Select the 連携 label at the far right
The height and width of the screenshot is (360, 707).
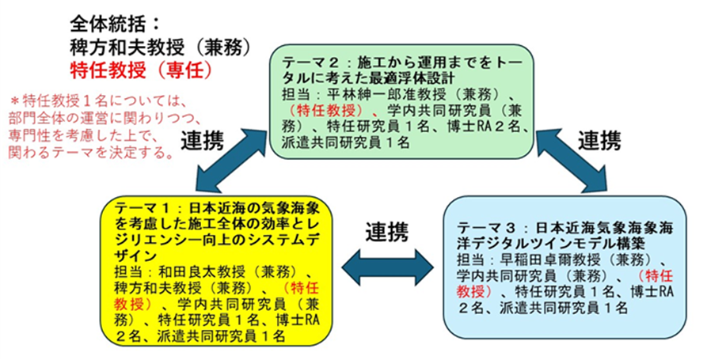599,141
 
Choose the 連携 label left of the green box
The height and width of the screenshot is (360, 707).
203,140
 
